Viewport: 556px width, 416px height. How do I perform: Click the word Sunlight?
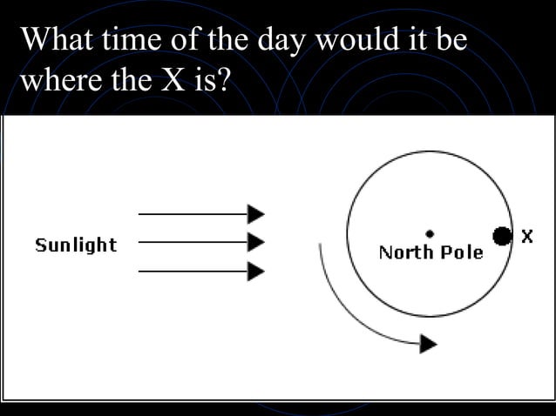pos(76,245)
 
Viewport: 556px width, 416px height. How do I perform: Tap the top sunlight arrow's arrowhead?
pos(256,213)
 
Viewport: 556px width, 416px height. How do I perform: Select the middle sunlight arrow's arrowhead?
pos(256,241)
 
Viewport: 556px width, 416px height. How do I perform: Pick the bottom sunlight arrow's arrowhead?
pos(256,271)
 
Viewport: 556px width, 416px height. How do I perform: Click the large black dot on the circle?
pos(501,235)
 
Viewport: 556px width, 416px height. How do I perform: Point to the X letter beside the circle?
pos(527,235)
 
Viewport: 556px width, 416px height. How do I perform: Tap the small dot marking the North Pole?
pos(430,233)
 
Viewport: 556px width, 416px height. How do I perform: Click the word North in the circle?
pos(406,252)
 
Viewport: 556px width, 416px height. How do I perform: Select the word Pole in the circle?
pos(461,252)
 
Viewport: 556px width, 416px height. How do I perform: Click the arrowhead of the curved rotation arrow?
pos(428,344)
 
